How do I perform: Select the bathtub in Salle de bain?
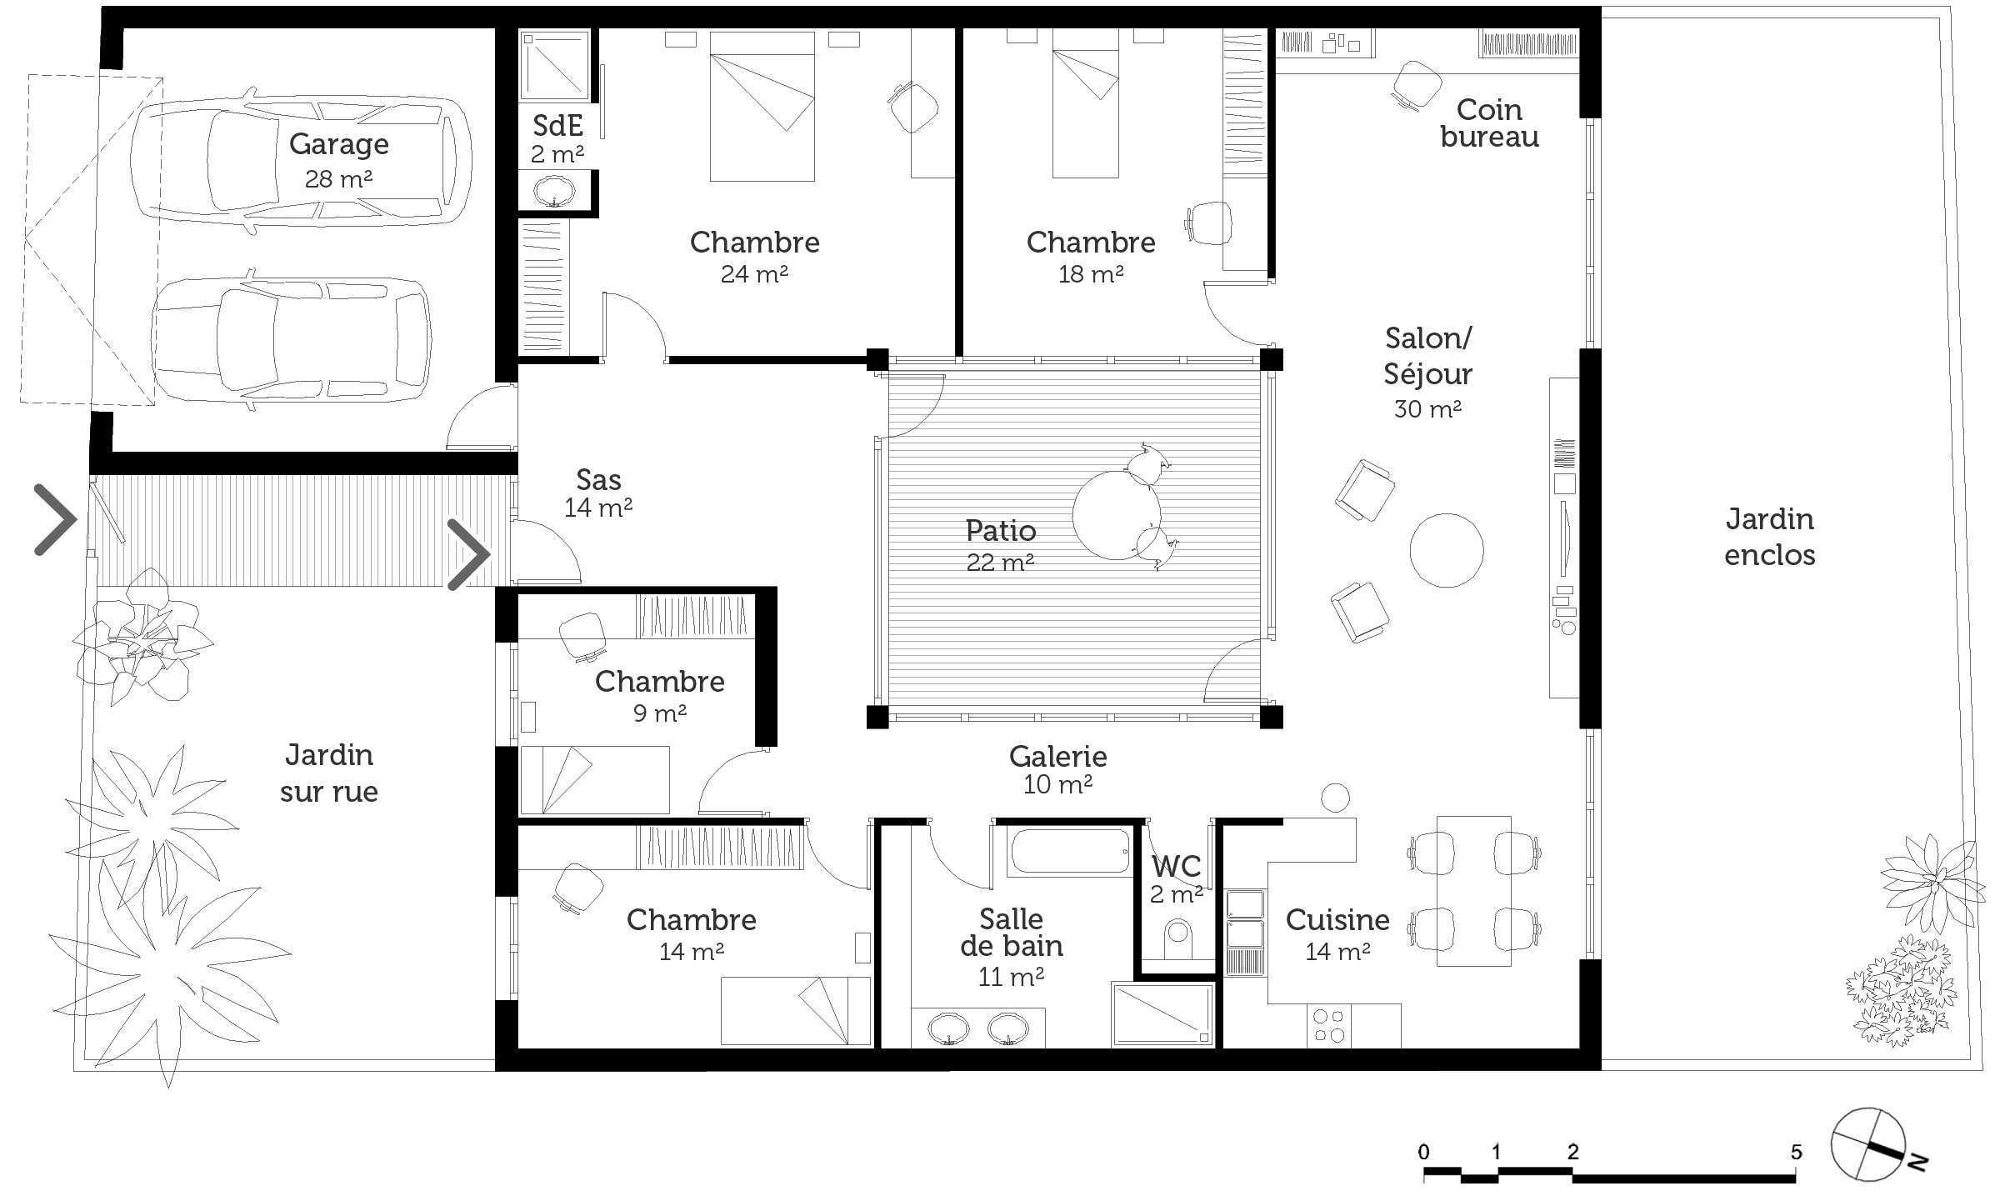point(1068,851)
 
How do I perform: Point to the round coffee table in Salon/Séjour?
point(1447,550)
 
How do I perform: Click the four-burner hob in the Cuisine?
point(1328,1026)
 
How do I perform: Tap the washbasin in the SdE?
point(554,191)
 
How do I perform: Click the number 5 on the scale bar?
point(1797,1152)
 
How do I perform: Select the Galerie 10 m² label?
point(1058,769)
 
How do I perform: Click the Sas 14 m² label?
point(598,493)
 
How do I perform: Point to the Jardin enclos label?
point(1770,537)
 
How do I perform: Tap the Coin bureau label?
point(1489,123)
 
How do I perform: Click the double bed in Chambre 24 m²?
point(762,106)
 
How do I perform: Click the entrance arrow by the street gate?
point(55,519)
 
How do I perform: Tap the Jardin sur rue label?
point(329,773)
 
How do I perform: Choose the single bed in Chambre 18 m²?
point(1085,103)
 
